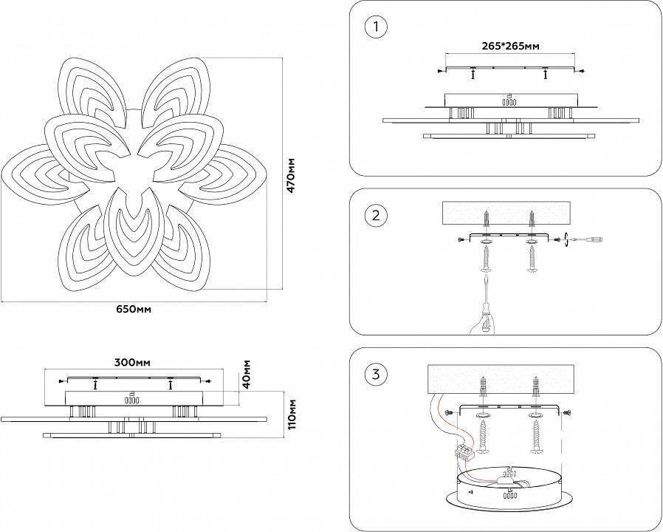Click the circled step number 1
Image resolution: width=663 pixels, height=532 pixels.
(x=376, y=27)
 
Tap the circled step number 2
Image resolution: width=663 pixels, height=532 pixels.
(x=376, y=216)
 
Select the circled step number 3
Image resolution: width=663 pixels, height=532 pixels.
(x=376, y=375)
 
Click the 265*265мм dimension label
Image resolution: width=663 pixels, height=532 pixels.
(x=509, y=46)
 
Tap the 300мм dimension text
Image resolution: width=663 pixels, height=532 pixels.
(x=133, y=363)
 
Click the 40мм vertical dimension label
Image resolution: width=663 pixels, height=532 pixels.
(x=247, y=374)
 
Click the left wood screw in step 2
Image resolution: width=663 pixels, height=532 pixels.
(x=487, y=259)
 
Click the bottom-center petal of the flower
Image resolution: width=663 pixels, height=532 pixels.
(x=132, y=233)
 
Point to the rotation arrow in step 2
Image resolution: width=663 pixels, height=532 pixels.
(x=566, y=238)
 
